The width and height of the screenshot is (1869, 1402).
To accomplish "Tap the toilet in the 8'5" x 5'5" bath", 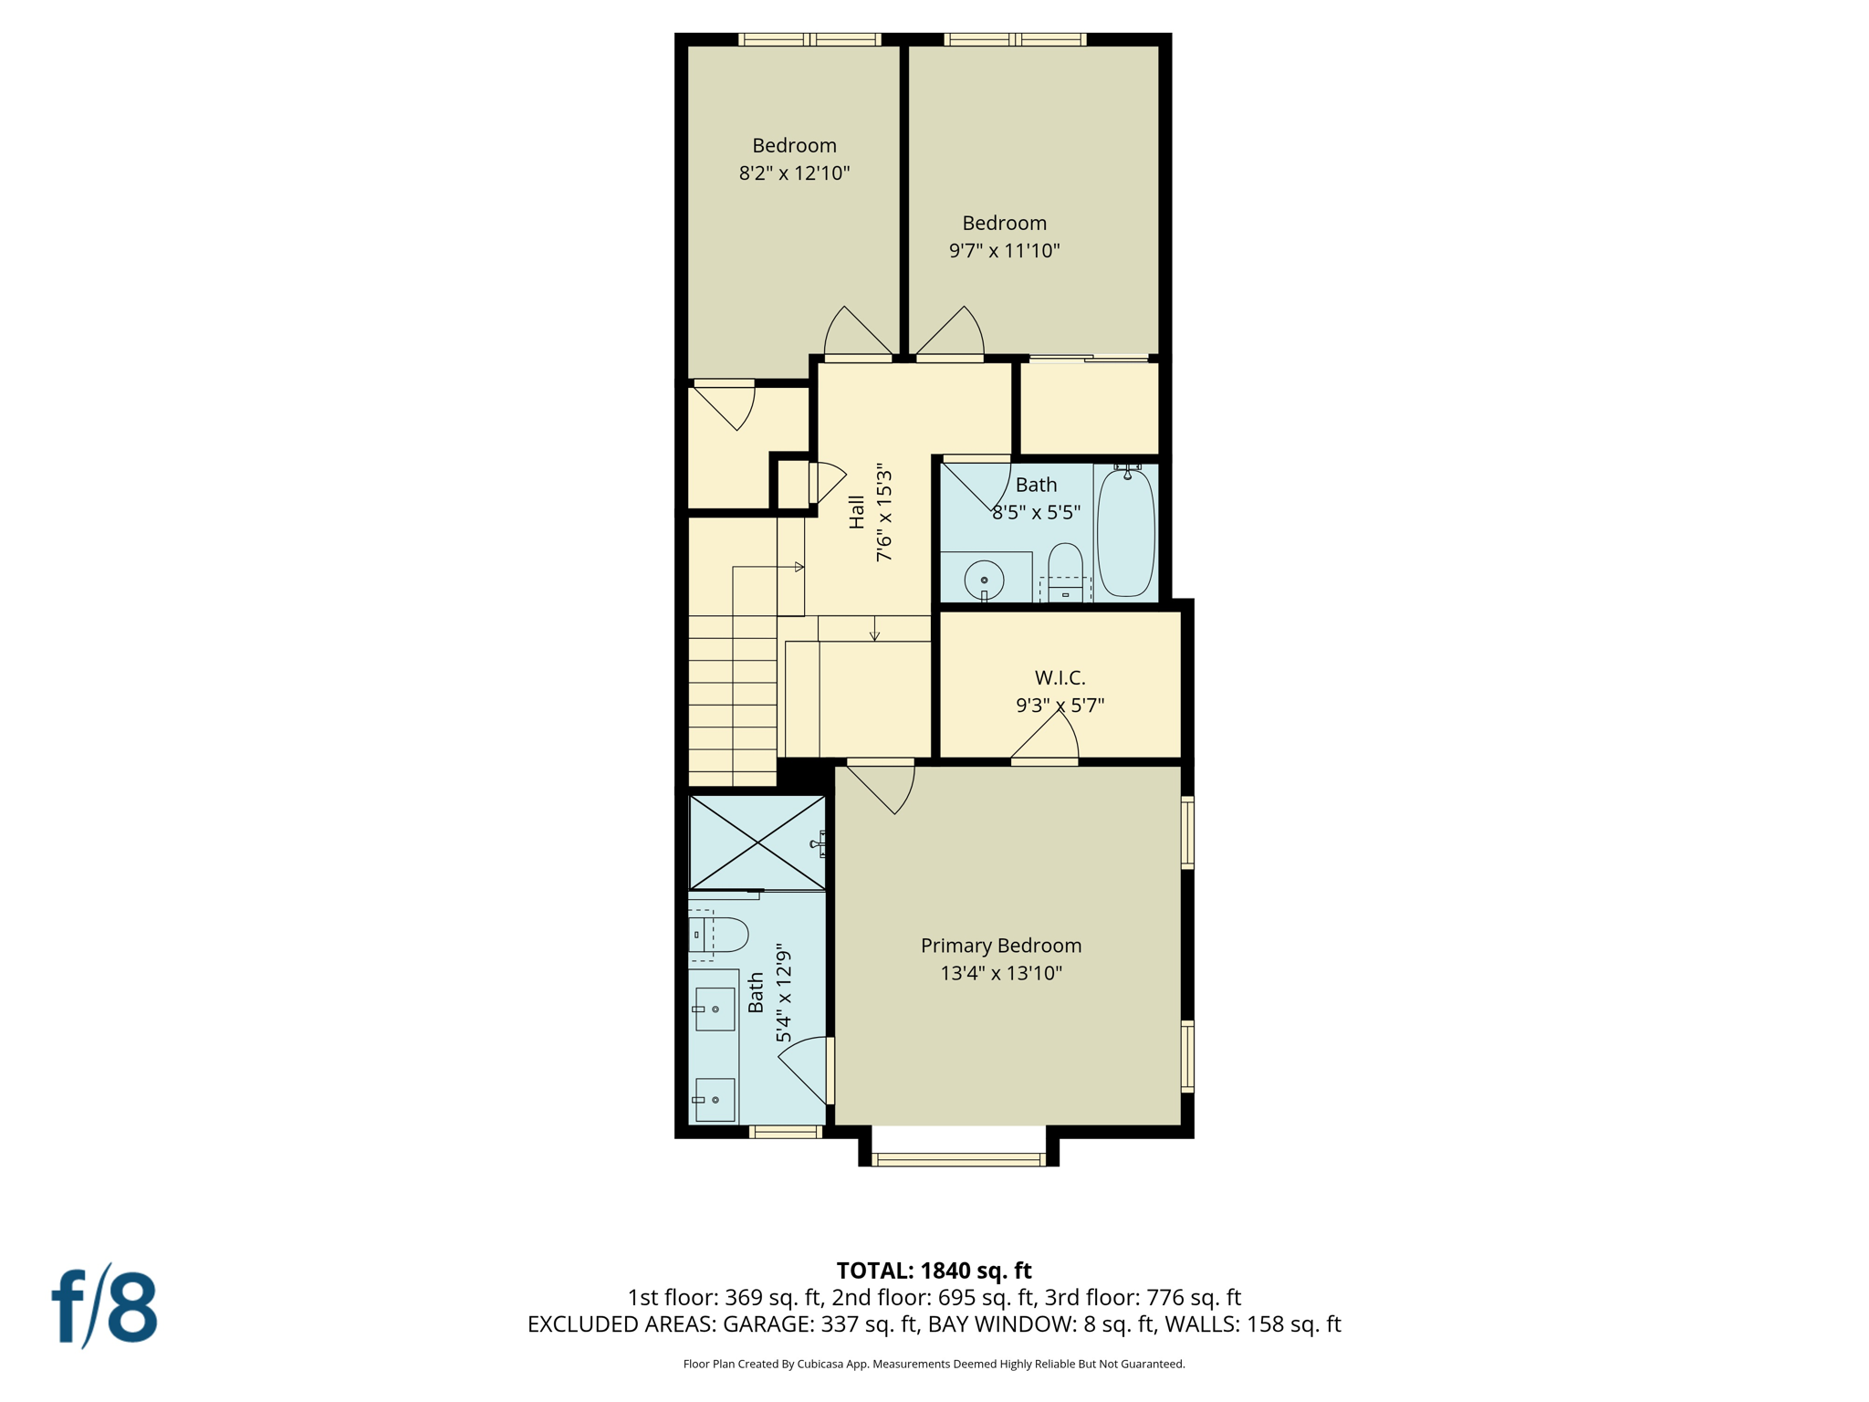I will pyautogui.click(x=1065, y=570).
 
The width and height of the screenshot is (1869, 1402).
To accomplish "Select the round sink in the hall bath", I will pyautogui.click(x=984, y=580).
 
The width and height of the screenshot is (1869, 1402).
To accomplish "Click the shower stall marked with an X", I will pyautogui.click(x=757, y=842).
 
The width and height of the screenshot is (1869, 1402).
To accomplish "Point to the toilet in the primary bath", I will pyautogui.click(x=720, y=935).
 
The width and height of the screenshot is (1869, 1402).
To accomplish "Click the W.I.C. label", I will pyautogui.click(x=1060, y=677).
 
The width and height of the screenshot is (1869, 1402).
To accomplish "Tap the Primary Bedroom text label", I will pyautogui.click(x=1000, y=946).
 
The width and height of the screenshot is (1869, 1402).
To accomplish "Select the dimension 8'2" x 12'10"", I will pyautogui.click(x=794, y=173).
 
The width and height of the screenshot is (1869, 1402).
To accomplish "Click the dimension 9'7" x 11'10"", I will pyautogui.click(x=1004, y=250).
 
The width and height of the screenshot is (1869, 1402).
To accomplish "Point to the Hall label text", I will pyautogui.click(x=856, y=512).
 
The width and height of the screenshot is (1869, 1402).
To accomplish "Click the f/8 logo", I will pyautogui.click(x=104, y=1306).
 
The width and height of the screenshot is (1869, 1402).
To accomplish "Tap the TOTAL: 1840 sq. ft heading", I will pyautogui.click(x=934, y=1270).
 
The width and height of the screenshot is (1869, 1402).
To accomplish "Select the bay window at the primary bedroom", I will pyautogui.click(x=958, y=1159).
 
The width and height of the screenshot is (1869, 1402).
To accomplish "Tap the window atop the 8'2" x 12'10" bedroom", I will pyautogui.click(x=809, y=39).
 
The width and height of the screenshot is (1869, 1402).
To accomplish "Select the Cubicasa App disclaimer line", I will pyautogui.click(x=934, y=1364).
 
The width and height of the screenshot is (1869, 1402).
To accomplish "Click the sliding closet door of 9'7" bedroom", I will pyautogui.click(x=1089, y=359).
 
